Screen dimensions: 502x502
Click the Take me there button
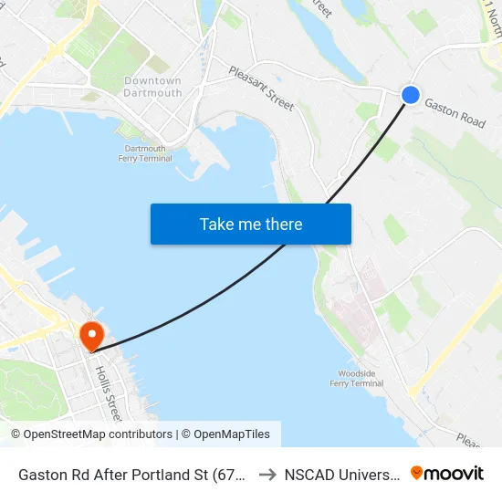(251, 224)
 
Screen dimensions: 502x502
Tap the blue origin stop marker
(411, 95)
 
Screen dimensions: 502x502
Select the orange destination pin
(92, 337)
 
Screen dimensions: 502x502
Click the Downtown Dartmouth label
(152, 87)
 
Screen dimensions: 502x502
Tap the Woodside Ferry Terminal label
(356, 378)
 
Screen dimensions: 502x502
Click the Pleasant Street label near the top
(261, 89)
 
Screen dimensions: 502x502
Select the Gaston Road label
(455, 114)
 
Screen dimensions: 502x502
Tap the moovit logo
(447, 474)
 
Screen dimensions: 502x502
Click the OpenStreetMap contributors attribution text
(93, 434)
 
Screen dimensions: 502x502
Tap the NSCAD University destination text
(341, 475)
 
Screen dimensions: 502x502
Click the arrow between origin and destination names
(267, 475)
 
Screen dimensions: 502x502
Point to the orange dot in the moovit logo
(417, 473)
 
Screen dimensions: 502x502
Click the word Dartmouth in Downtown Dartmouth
(152, 93)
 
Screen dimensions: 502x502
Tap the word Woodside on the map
(356, 373)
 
